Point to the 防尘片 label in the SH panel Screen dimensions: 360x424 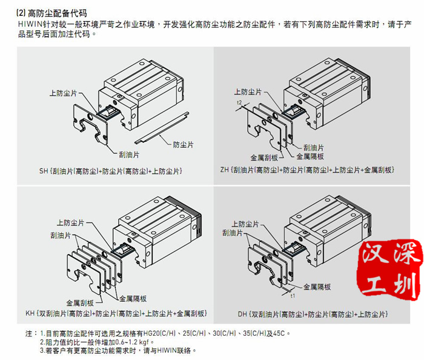(x=184, y=145)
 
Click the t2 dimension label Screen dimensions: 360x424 (x=240, y=104)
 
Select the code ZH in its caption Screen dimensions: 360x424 (x=225, y=171)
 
